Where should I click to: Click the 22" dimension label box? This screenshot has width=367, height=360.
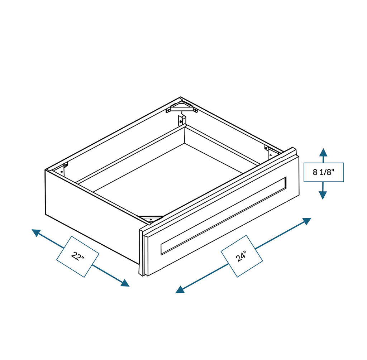[77, 256]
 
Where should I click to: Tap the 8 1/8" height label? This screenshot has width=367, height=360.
[323, 172]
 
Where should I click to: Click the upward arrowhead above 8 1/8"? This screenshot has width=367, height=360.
[323, 152]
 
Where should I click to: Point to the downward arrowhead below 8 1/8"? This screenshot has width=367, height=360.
[323, 195]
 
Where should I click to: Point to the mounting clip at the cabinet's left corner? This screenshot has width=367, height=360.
[65, 168]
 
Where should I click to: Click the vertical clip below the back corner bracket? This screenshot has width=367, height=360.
[182, 120]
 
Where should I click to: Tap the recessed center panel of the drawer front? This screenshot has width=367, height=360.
[223, 216]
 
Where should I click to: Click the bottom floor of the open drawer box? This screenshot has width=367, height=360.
[168, 176]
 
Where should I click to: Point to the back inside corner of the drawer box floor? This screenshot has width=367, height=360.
[185, 143]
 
